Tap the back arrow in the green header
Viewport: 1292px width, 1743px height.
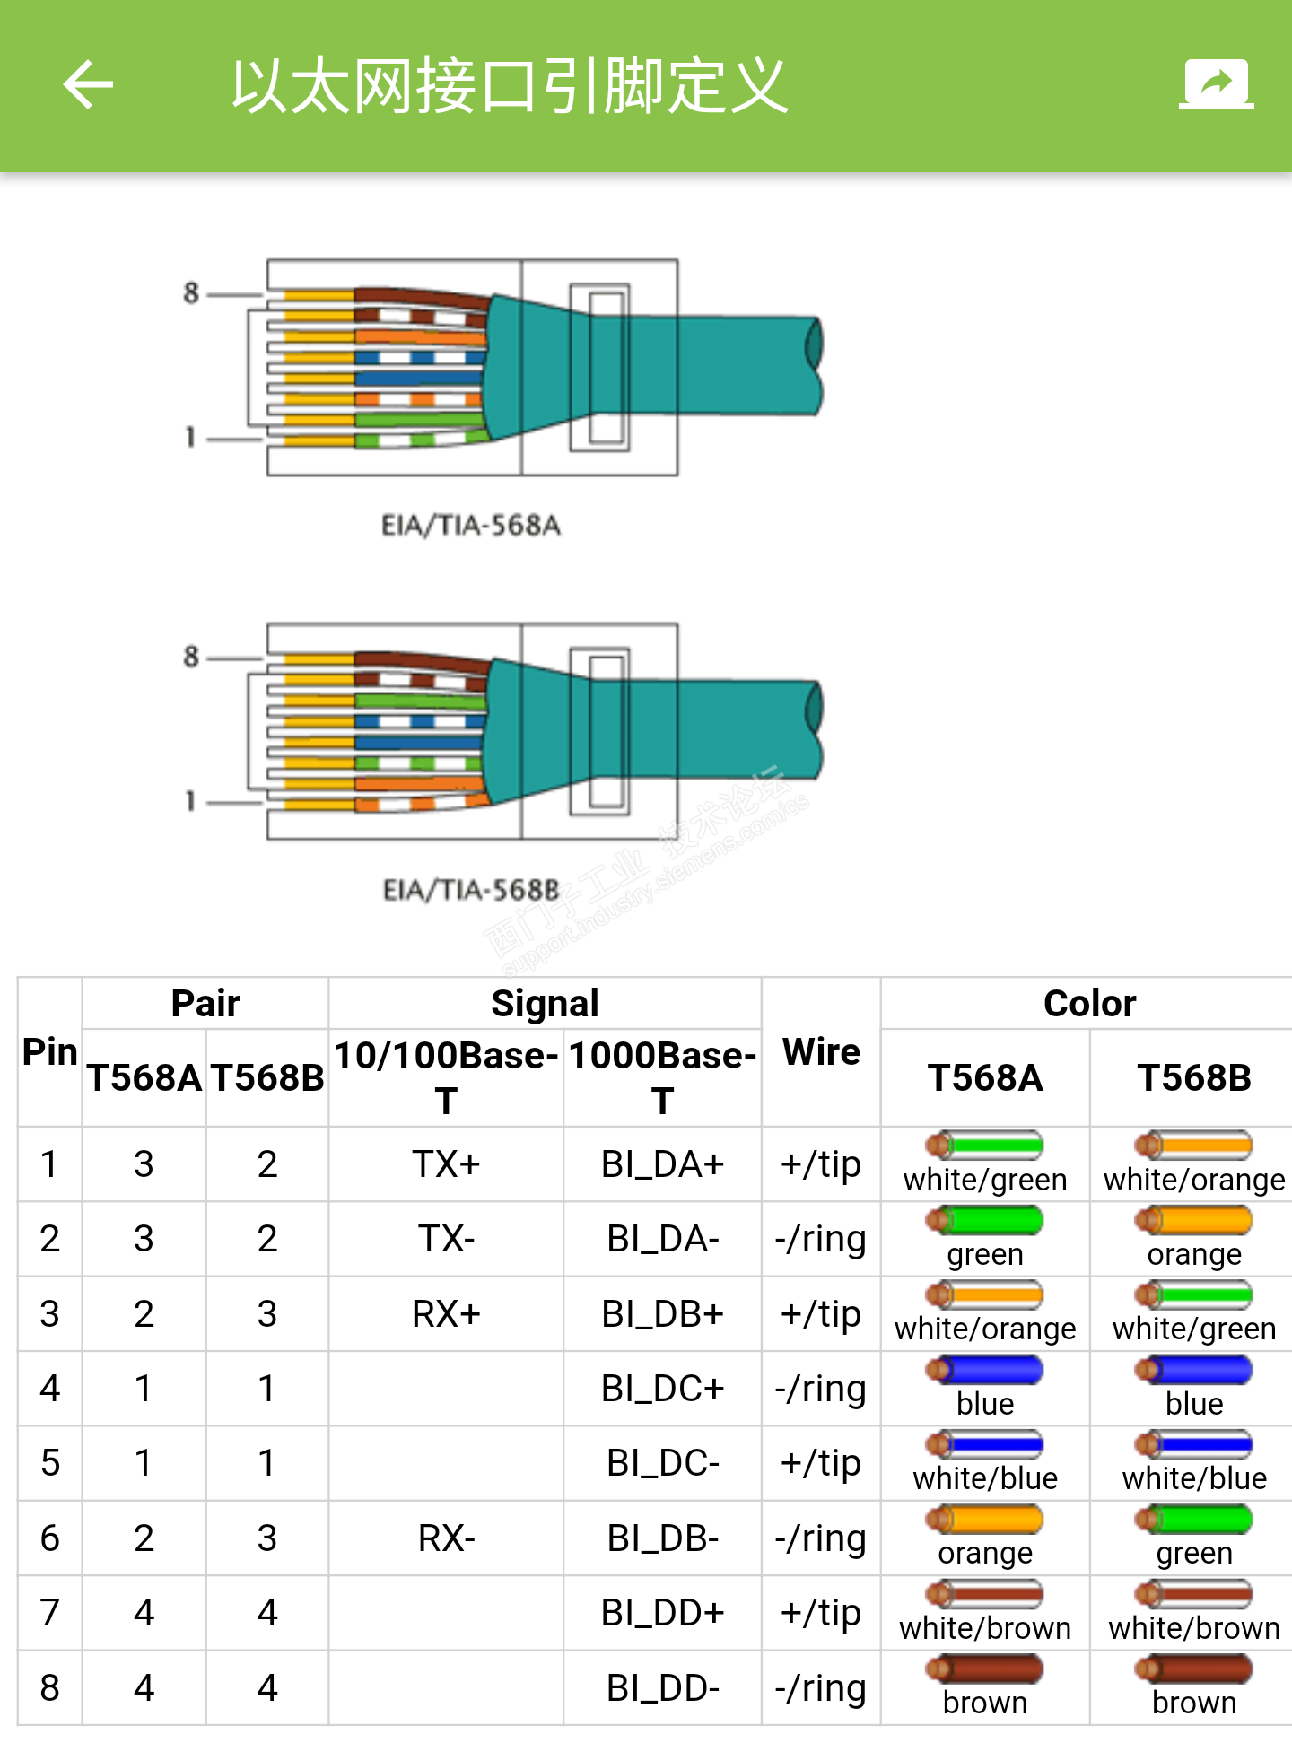click(88, 85)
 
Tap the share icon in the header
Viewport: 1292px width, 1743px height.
click(1216, 85)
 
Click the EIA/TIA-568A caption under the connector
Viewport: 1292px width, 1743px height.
click(471, 525)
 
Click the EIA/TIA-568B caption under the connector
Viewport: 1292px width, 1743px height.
click(471, 890)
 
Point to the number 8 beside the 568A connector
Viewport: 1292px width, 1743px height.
click(191, 292)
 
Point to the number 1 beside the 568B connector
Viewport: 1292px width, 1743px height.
click(190, 801)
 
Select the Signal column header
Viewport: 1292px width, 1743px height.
click(545, 1004)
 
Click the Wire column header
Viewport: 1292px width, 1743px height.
click(821, 1051)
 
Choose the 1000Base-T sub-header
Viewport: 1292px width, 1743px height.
click(662, 1076)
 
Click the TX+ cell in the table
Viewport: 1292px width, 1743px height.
click(446, 1164)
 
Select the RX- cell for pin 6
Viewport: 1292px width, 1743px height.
click(446, 1538)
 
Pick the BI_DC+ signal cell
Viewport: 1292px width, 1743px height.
click(662, 1389)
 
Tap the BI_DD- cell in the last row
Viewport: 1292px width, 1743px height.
click(662, 1688)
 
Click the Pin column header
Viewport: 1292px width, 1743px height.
click(50, 1051)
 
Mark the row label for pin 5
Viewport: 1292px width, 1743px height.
click(50, 1463)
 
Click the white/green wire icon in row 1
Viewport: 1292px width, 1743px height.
click(985, 1146)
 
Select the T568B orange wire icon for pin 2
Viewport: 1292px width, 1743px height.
click(1193, 1220)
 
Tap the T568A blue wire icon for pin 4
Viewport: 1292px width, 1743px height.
click(985, 1370)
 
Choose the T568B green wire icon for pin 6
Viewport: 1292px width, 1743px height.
click(1193, 1520)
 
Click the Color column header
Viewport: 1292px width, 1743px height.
click(1089, 1004)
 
